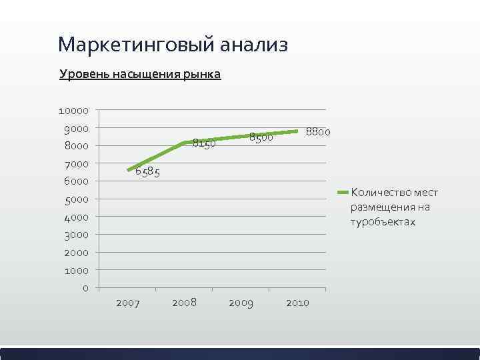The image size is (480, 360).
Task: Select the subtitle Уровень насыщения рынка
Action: click(x=140, y=74)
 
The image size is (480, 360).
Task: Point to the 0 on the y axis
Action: click(x=85, y=288)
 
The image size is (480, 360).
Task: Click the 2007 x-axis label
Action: click(x=127, y=303)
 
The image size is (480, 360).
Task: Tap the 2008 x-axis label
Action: click(x=184, y=303)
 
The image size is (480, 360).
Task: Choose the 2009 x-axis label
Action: click(x=241, y=303)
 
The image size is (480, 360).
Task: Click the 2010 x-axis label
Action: click(x=297, y=303)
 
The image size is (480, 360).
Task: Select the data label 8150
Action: click(x=204, y=143)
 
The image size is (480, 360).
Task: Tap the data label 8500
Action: click(x=261, y=137)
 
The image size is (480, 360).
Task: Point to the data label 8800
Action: click(x=318, y=131)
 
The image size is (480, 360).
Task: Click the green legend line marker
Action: click(x=343, y=193)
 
